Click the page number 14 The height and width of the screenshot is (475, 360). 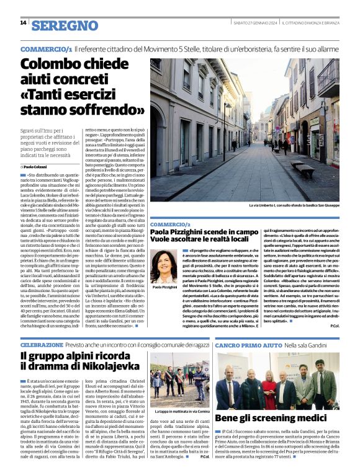[23, 23]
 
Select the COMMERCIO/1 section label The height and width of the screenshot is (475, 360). [45, 48]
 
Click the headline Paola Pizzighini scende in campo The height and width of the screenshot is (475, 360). [204, 232]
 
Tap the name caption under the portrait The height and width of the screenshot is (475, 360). [163, 287]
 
